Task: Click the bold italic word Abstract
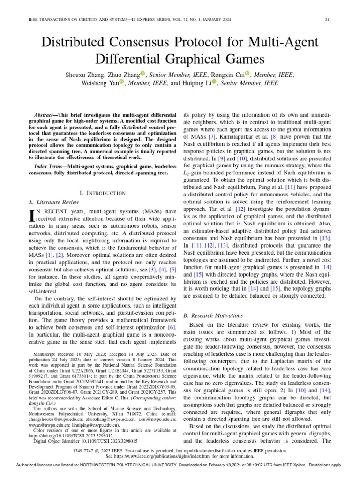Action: (49, 115)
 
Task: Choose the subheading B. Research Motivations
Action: (213, 315)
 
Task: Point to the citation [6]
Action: (172, 326)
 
